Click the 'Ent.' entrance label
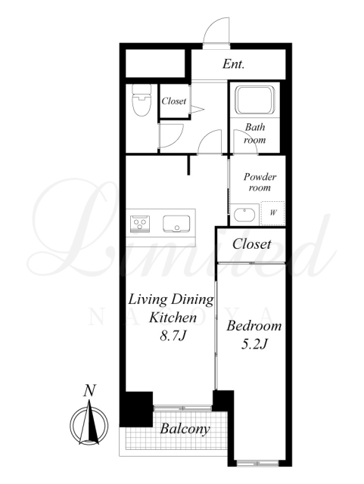pos(233,64)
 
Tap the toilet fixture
pos(142,100)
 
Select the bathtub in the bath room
pos(254,100)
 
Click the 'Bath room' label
pos(255,133)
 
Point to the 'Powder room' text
pos(260,182)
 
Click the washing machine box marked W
pos(272,213)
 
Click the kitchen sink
pos(176,224)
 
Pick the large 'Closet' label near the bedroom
pos(251,244)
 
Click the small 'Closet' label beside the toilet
pos(174,101)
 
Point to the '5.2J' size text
pos(254,344)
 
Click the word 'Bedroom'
pos(254,326)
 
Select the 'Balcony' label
pos(185,429)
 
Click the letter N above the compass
pos(89,390)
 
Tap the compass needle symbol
pos(89,422)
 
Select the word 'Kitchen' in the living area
pos(173,318)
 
